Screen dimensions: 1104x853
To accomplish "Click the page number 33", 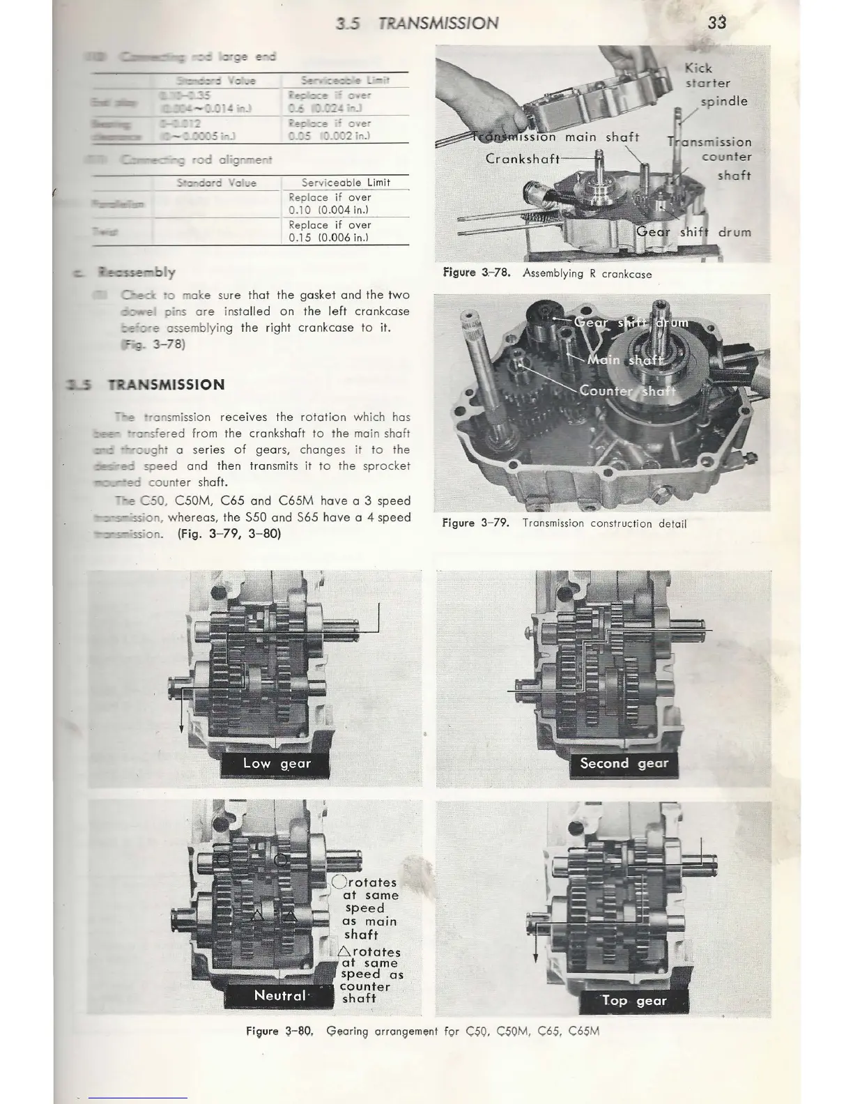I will tap(716, 22).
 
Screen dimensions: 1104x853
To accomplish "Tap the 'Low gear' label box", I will tap(277, 764).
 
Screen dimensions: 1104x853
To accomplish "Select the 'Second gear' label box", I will tap(624, 763).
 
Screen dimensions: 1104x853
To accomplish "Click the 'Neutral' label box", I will tap(279, 995).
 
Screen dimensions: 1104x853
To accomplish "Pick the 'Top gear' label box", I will tap(633, 1001).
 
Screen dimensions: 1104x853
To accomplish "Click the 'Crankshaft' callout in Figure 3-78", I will tap(523, 158).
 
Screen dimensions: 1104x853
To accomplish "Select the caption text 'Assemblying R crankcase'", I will tap(587, 274).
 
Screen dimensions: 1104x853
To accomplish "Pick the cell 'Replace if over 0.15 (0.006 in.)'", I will tap(330, 231).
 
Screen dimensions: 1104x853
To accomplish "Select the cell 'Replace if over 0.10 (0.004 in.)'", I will tap(330, 204).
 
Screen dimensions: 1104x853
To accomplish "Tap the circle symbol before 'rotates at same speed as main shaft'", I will tap(339, 882).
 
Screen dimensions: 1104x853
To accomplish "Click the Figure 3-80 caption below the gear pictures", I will tap(423, 1031).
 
